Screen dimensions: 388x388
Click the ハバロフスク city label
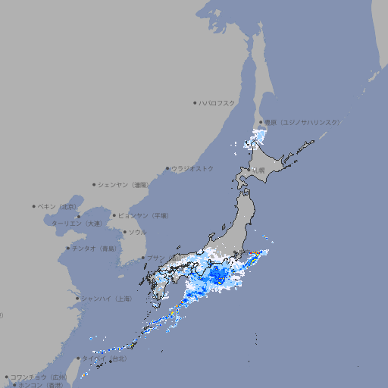[217, 102]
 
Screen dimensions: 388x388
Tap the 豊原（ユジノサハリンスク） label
[302, 122]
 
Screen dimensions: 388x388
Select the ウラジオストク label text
[192, 168]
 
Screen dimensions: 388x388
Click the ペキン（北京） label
[58, 206]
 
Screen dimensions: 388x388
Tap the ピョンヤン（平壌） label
[143, 215]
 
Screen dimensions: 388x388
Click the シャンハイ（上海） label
[106, 299]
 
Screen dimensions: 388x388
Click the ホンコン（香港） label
[40, 385]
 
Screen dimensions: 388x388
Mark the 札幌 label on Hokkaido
[259, 170]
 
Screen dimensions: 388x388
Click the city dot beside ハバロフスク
[195, 102]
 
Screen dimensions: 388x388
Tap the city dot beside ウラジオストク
[167, 168]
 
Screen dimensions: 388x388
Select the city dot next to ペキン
[33, 206]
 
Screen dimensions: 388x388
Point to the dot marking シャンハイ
[77, 299]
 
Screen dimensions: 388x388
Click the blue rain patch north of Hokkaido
[258, 136]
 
